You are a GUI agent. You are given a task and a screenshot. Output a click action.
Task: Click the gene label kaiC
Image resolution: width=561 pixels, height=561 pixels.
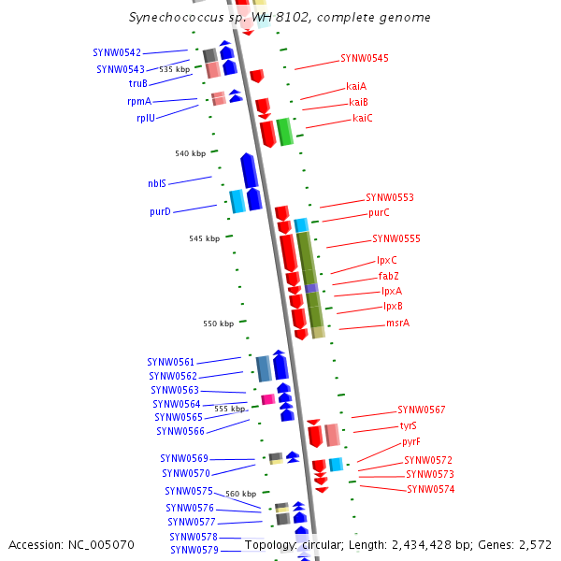(362, 118)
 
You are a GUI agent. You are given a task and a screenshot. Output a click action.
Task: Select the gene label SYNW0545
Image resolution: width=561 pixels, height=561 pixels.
(364, 58)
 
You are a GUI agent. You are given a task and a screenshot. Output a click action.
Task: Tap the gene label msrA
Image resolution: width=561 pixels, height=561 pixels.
(397, 323)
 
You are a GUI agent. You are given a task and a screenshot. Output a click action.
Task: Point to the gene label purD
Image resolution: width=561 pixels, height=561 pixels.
(160, 211)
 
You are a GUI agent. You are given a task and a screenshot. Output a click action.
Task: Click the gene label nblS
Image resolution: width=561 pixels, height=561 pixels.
(156, 183)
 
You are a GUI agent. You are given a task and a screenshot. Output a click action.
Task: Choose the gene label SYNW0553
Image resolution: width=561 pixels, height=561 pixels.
(389, 197)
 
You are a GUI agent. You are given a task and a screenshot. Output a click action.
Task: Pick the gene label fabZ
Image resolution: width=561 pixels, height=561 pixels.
(388, 276)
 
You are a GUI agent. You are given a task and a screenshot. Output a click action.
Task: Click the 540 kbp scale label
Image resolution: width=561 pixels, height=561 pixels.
(189, 153)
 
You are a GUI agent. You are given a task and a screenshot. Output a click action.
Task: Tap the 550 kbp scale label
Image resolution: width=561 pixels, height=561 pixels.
(218, 324)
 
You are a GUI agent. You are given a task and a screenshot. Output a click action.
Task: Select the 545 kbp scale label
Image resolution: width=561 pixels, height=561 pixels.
(204, 238)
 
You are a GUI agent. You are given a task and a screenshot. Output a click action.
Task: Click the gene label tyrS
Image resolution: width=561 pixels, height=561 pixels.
(408, 425)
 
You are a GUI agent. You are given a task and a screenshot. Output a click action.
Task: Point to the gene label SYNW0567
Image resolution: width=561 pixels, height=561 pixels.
(421, 410)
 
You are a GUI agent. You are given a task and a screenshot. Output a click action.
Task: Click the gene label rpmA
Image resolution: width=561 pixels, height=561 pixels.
(139, 101)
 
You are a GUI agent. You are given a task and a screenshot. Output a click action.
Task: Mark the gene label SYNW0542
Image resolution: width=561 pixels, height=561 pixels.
(117, 52)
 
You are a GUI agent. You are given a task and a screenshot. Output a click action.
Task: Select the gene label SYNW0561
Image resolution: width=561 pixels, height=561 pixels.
(171, 361)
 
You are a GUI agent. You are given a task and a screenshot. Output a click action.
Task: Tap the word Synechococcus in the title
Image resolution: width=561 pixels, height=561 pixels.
(173, 18)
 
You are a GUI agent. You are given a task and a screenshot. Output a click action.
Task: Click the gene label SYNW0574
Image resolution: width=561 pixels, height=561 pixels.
(430, 489)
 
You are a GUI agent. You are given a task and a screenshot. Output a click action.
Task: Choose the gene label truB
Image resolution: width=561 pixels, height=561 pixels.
(137, 83)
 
